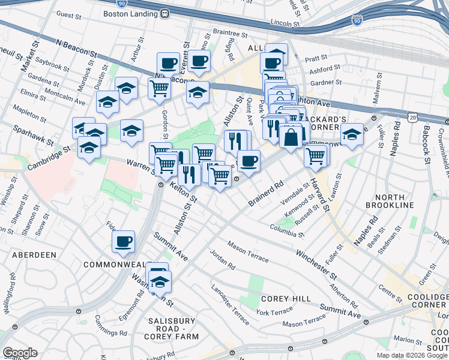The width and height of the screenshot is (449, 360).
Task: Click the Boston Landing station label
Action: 131,13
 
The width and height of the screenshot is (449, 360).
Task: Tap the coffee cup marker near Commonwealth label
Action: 124,242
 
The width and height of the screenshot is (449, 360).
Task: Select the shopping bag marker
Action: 291,137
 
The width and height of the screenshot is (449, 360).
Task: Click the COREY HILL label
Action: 285,299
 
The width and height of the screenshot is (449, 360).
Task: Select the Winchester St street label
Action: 316,263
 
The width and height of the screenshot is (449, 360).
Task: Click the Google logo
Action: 20,353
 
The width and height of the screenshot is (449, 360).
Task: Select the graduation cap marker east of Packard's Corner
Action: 352,134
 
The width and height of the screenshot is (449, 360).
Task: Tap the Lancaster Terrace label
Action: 230,296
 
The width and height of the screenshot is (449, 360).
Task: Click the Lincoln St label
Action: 284,23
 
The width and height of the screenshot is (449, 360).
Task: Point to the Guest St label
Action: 68,14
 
